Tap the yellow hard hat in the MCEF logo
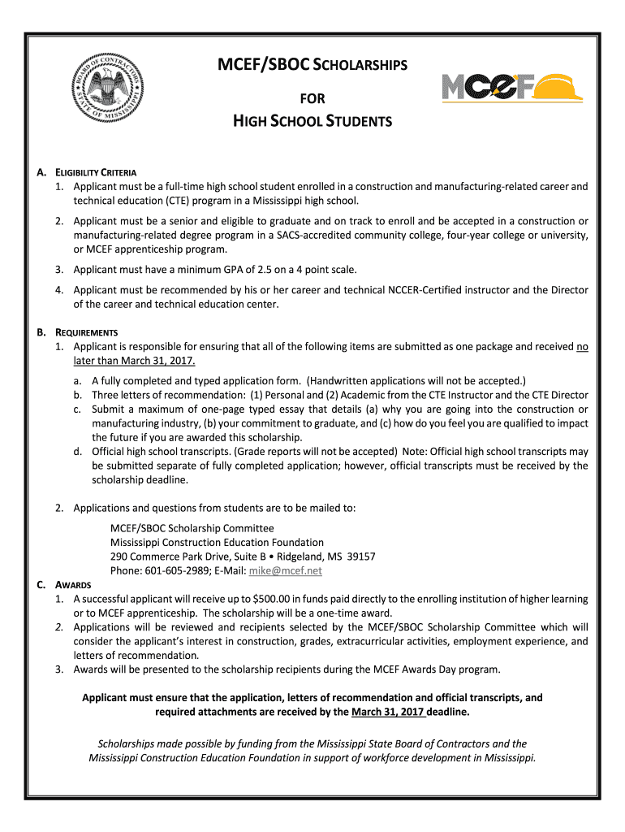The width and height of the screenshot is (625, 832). coord(556,87)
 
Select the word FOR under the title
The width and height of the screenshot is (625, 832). coord(312,99)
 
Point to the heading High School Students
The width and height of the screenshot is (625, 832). coord(312,122)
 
